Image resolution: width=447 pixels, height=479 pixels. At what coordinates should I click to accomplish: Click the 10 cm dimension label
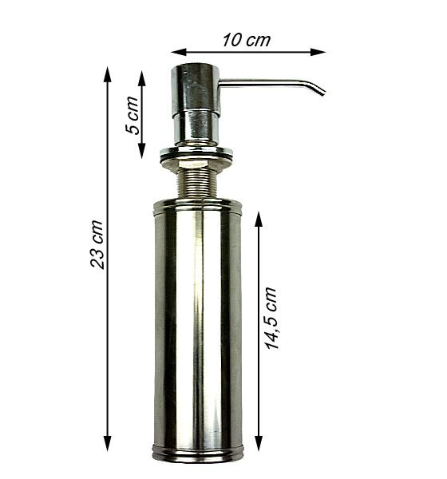(247, 40)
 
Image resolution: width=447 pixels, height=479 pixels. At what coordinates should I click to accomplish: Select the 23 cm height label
(97, 244)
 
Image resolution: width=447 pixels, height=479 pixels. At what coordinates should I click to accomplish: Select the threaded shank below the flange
(196, 185)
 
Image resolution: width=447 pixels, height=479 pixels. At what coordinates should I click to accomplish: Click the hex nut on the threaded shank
(196, 169)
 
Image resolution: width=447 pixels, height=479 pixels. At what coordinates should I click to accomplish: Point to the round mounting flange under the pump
(196, 152)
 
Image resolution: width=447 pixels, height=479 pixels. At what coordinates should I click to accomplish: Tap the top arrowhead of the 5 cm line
(142, 77)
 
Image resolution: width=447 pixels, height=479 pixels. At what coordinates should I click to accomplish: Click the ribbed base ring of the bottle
(197, 453)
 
